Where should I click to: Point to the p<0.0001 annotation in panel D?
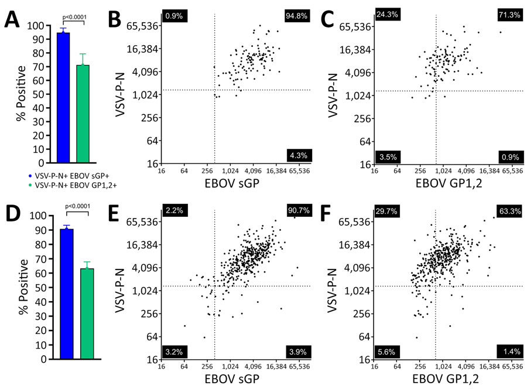(74, 208)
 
